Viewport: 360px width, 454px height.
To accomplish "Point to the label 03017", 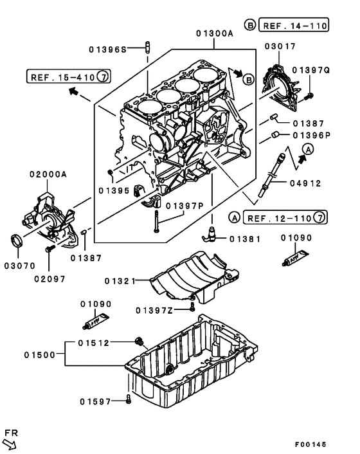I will pyautogui.click(x=281, y=46).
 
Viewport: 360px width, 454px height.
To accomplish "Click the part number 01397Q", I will pyautogui.click(x=311, y=69).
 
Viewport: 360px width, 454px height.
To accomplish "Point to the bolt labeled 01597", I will pyautogui.click(x=129, y=400).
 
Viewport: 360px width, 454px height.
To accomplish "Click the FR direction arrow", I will pyautogui.click(x=10, y=442).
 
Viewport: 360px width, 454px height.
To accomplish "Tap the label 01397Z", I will pyautogui.click(x=154, y=310).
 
